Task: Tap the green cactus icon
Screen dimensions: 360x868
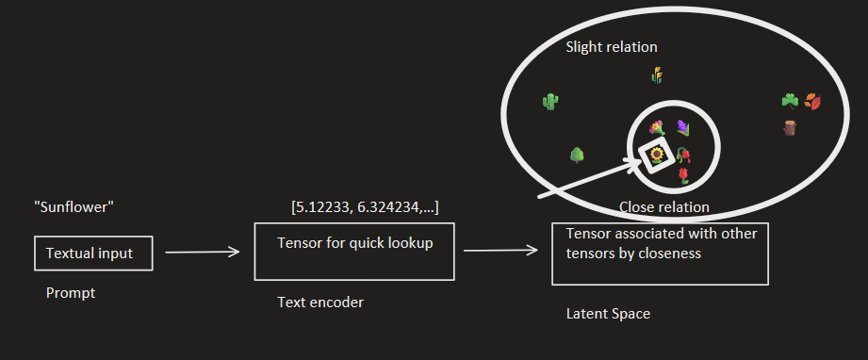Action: (x=551, y=101)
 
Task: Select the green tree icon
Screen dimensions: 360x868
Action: (x=578, y=155)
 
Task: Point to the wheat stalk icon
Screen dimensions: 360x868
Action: (x=657, y=74)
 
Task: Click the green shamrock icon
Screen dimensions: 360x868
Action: (x=790, y=100)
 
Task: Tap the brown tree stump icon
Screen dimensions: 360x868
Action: (x=790, y=128)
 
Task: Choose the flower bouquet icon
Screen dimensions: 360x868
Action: (x=657, y=127)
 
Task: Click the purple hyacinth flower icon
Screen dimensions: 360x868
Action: (x=683, y=127)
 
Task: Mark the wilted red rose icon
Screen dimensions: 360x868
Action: (x=684, y=155)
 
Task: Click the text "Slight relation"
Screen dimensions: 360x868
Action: (x=612, y=47)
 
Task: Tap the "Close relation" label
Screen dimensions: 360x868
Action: (x=664, y=206)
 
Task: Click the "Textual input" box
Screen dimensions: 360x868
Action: (x=93, y=253)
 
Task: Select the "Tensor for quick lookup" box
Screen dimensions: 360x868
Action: (x=354, y=251)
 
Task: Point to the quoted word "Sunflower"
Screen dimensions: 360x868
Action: (x=74, y=206)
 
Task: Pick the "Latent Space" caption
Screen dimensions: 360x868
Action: (x=608, y=314)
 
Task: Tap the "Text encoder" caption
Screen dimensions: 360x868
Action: (x=320, y=303)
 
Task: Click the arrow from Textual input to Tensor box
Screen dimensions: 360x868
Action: (x=202, y=253)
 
